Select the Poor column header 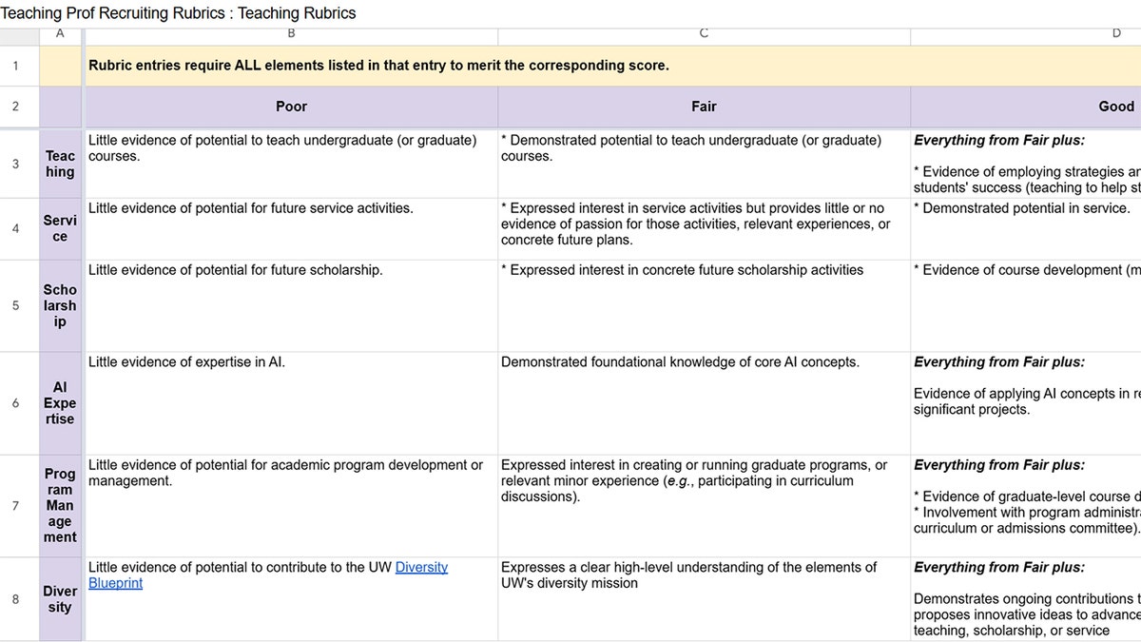tap(291, 107)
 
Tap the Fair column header tap(704, 107)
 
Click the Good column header tap(1116, 107)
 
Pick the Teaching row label tap(60, 164)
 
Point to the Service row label tap(60, 228)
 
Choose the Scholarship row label tap(60, 305)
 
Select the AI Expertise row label tap(60, 403)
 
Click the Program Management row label tap(60, 505)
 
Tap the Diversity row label tap(60, 599)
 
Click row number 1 tap(15, 66)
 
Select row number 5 tap(15, 305)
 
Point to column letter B tap(291, 33)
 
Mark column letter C tap(704, 33)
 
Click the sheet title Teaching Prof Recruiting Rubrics tap(178, 13)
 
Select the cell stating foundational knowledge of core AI tap(680, 362)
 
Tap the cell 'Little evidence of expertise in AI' tap(187, 362)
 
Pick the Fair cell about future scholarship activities tap(682, 270)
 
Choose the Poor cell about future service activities tap(251, 208)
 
